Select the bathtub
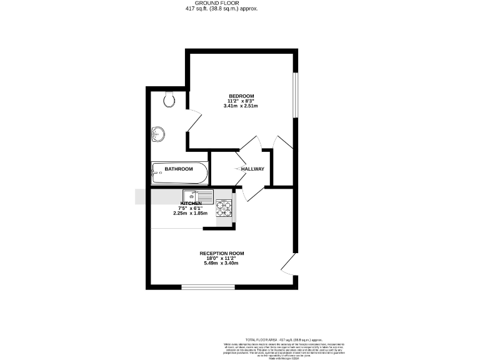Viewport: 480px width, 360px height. [179, 172]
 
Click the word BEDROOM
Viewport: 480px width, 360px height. [241, 96]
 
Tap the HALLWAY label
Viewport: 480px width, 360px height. [252, 169]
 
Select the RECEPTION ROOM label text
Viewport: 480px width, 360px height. [222, 253]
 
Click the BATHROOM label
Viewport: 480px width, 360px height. [179, 169]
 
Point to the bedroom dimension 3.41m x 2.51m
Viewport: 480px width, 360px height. [241, 106]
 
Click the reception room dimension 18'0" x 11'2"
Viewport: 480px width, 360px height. [222, 258]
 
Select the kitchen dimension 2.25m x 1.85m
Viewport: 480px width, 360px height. [191, 214]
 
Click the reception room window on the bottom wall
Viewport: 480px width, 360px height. [207, 287]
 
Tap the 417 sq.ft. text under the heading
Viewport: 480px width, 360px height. [212, 9]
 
